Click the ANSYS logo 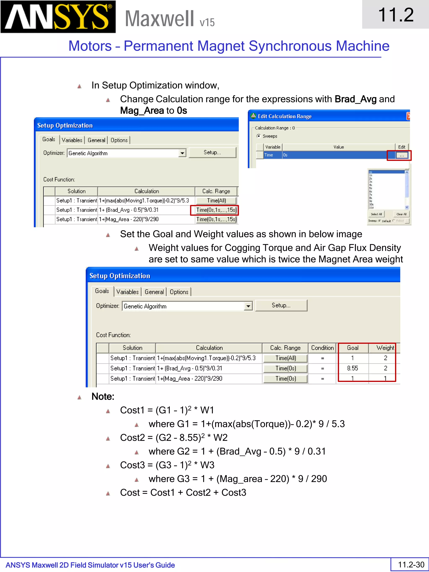(58, 17)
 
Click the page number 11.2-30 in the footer (411, 564)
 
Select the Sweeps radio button (258, 136)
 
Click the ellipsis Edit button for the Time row (402, 155)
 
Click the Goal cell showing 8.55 (353, 368)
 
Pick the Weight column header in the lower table (385, 348)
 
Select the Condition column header (322, 348)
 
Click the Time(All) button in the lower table (286, 358)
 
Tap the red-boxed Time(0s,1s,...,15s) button (216, 210)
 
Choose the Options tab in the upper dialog (119, 140)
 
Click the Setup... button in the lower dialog (281, 305)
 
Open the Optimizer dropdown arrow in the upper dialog (182, 153)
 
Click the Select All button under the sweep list (376, 214)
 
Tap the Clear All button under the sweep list (401, 214)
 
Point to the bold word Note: (103, 396)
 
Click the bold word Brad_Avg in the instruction (355, 99)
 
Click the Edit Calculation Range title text (285, 116)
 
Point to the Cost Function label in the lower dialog (113, 335)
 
